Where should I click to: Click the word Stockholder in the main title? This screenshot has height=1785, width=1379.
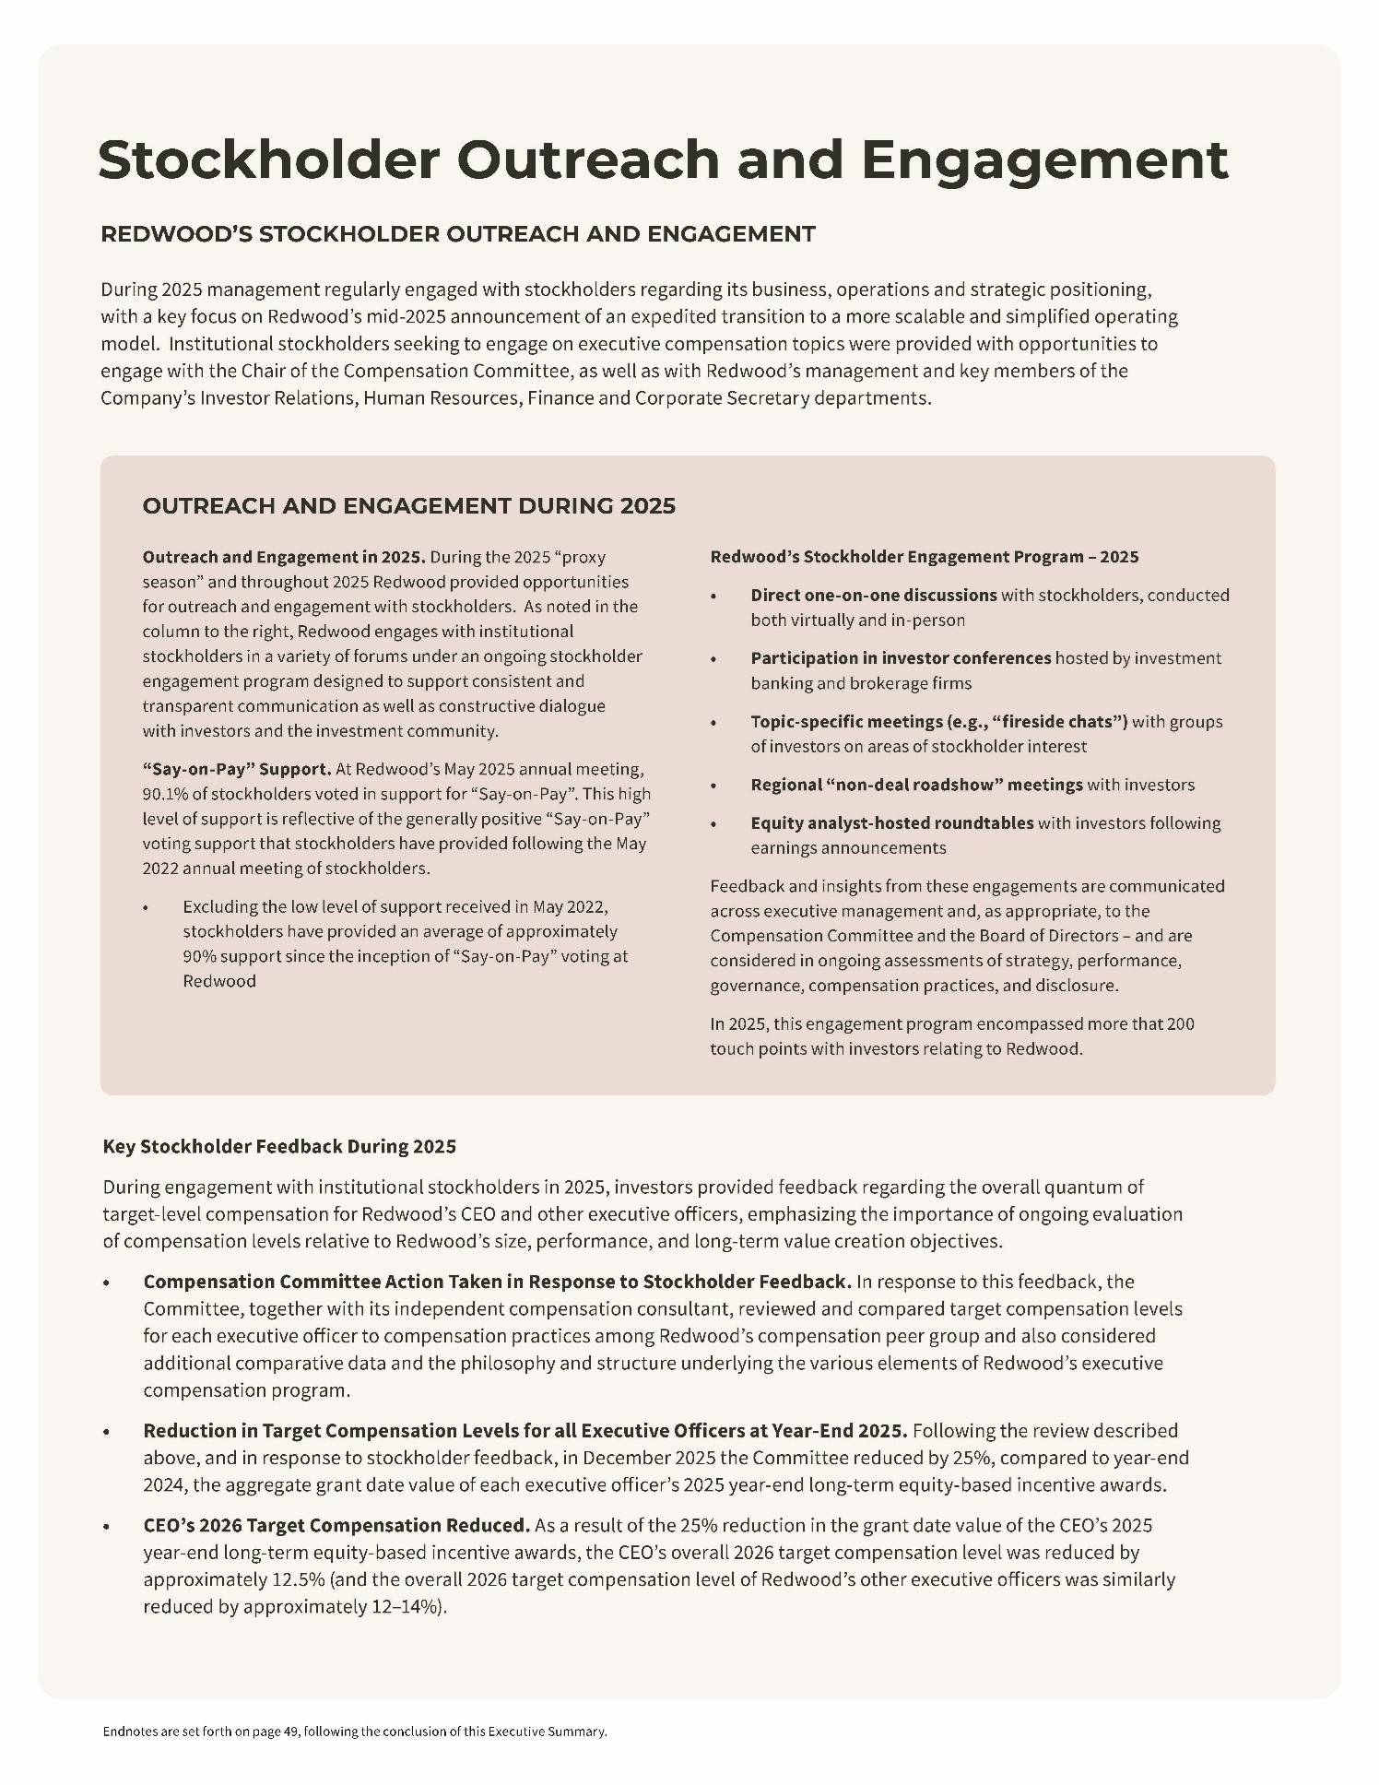[x=268, y=160]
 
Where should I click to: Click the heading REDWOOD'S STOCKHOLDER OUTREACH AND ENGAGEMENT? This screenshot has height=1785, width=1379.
[x=457, y=234]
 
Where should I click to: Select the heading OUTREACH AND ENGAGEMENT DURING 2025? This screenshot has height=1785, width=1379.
[x=408, y=505]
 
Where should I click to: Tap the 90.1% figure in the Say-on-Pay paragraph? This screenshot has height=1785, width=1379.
[x=162, y=794]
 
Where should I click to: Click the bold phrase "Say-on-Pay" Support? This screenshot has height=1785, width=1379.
[x=236, y=769]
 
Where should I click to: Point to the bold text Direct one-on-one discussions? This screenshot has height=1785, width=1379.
[x=873, y=595]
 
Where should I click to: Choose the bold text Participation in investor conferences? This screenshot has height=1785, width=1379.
[x=900, y=658]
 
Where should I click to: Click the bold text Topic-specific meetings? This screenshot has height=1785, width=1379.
[x=846, y=721]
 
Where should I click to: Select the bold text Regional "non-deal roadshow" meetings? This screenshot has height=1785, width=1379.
[x=915, y=785]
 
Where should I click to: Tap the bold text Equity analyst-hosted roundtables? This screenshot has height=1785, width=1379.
[x=891, y=822]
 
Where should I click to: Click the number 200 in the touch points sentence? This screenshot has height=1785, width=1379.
[x=1180, y=1023]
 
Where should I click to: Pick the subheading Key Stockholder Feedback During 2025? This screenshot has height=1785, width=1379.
[x=279, y=1146]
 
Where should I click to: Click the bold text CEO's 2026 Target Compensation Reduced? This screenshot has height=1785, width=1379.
[x=336, y=1525]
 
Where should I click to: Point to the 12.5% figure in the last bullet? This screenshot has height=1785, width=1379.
[x=298, y=1579]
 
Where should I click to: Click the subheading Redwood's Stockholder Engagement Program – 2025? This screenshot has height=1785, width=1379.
[x=924, y=557]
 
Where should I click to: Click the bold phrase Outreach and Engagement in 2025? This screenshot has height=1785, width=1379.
[x=283, y=557]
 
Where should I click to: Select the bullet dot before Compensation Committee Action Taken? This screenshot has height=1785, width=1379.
[x=107, y=1283]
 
